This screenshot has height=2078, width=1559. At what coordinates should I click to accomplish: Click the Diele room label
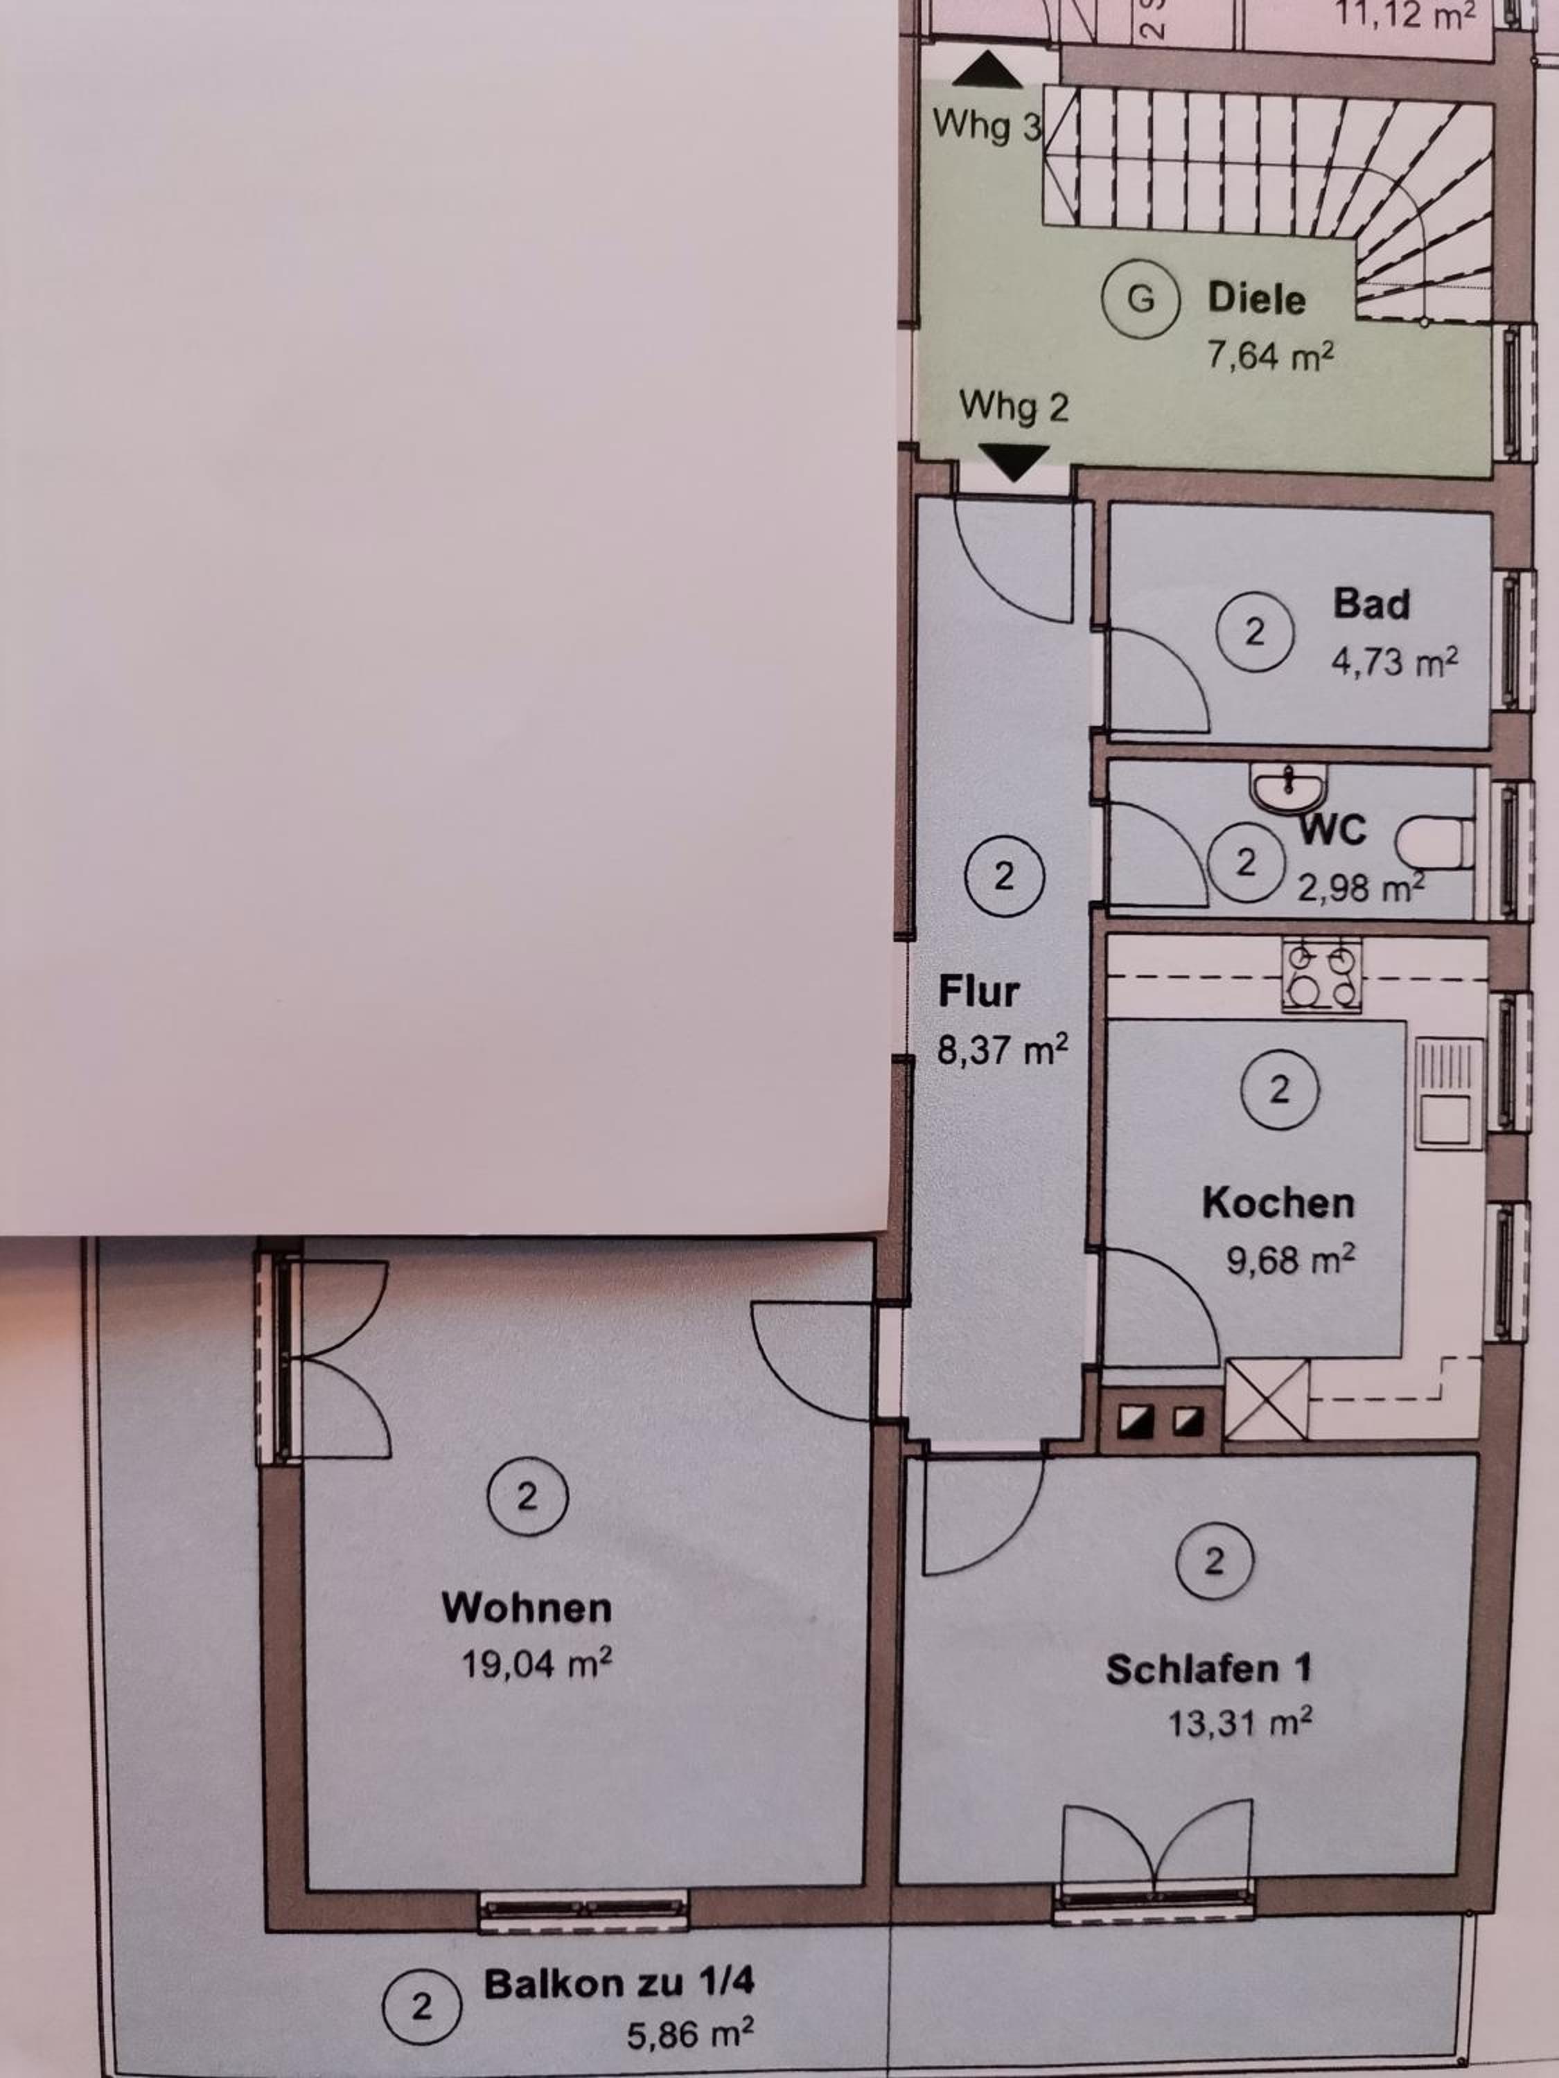pyautogui.click(x=1256, y=299)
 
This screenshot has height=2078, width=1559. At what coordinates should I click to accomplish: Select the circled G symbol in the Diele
pyautogui.click(x=1140, y=299)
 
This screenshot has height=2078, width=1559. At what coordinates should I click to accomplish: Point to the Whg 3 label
pyautogui.click(x=987, y=125)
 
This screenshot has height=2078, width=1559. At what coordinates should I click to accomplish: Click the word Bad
pyautogui.click(x=1372, y=603)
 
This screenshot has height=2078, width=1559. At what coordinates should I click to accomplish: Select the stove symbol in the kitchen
pyautogui.click(x=1322, y=976)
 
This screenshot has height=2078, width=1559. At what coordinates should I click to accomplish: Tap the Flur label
pyautogui.click(x=978, y=992)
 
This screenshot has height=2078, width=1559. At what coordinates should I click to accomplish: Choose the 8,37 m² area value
pyautogui.click(x=1003, y=1049)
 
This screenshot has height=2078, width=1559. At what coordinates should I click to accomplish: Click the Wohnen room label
pyautogui.click(x=526, y=1608)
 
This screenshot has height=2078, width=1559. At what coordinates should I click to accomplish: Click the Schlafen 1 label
pyautogui.click(x=1208, y=1669)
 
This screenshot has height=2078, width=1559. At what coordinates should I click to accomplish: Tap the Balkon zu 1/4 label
pyautogui.click(x=619, y=1983)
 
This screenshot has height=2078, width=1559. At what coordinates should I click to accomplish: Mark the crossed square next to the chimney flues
pyautogui.click(x=1267, y=1400)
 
